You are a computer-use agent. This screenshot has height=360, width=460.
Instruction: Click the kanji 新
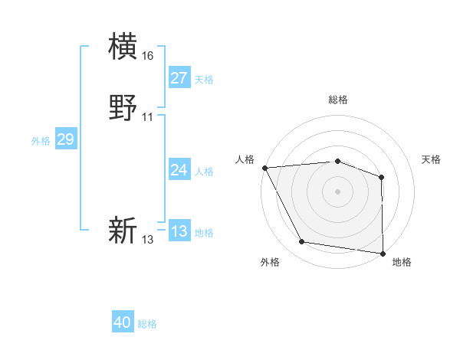click(x=123, y=230)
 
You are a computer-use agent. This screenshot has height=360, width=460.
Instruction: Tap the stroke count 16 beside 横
click(x=147, y=56)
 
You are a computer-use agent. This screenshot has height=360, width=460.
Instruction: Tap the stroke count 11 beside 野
click(x=147, y=117)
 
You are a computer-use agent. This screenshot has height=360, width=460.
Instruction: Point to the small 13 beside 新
click(x=147, y=240)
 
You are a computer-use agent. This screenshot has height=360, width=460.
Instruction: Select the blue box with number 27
click(x=179, y=78)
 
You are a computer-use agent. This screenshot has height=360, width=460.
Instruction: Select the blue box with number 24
click(x=179, y=170)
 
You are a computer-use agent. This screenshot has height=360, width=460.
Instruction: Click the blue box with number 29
click(x=65, y=139)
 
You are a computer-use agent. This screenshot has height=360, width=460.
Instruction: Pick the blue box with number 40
click(x=123, y=322)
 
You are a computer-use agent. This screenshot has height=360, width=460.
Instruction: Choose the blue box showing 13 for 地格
click(x=179, y=231)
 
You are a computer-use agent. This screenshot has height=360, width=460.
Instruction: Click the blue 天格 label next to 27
click(x=204, y=80)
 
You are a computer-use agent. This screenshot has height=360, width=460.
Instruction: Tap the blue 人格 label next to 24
click(x=204, y=172)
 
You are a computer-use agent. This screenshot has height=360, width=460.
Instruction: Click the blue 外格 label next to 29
click(x=41, y=141)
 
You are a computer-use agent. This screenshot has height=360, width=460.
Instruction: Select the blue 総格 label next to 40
click(x=147, y=324)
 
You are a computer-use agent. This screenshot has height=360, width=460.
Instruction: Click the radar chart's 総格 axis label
click(x=338, y=100)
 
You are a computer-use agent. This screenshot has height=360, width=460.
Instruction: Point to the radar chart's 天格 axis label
click(x=432, y=159)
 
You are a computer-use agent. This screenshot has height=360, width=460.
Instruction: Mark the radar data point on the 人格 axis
click(x=264, y=167)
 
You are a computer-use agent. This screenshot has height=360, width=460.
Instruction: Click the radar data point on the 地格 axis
click(x=383, y=253)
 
